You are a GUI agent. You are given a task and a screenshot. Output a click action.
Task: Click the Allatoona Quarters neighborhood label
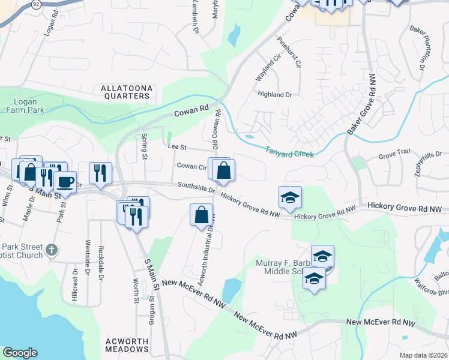[126, 92]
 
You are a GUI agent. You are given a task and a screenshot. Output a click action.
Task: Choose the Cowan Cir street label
[191, 166]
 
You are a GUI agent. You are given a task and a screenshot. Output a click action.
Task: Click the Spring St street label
[145, 146]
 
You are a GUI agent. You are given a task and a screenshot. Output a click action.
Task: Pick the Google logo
[20, 353]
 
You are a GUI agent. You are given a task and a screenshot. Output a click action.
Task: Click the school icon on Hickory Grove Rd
[290, 197]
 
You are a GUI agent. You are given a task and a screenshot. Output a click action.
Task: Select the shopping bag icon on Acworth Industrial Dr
[202, 214]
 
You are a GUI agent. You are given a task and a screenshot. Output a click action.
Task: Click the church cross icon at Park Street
[52, 249]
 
